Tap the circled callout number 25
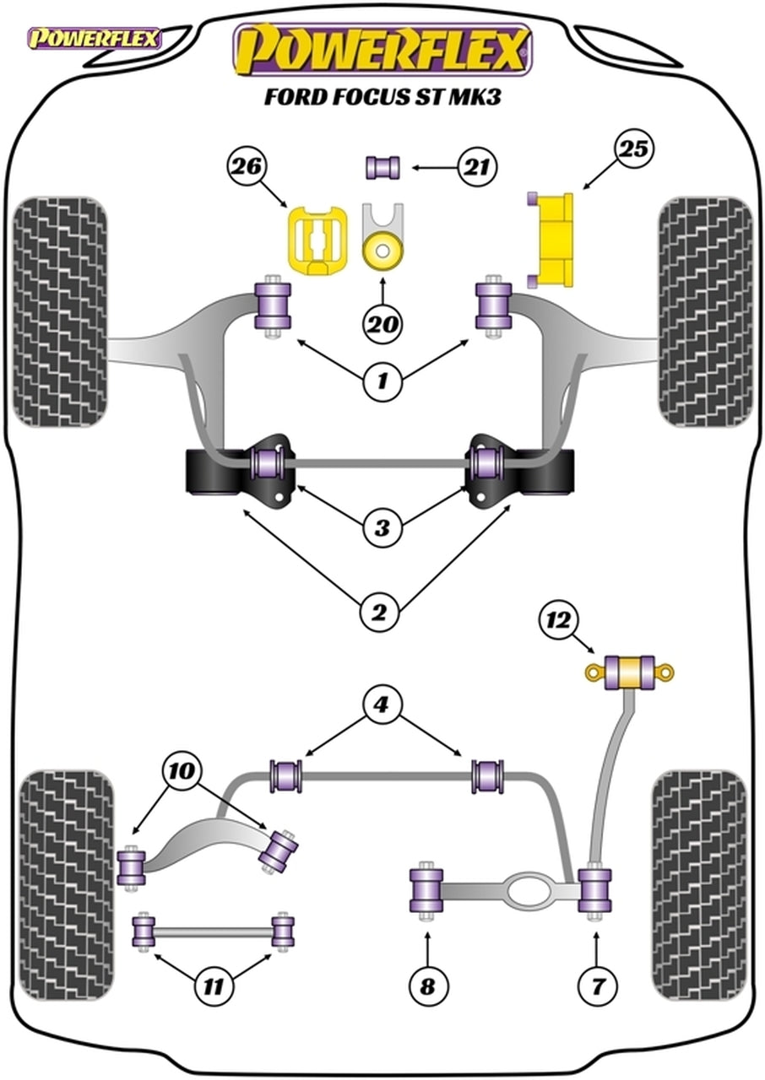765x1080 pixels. pos(634,150)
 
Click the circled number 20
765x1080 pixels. pos(382,323)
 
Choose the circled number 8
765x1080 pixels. pos(427,984)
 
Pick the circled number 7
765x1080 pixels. pos(597,984)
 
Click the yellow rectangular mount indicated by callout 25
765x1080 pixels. pos(555,239)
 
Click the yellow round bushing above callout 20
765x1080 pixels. pos(382,251)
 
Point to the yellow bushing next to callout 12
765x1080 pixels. pos(630,672)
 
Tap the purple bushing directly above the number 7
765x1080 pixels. pos(595,890)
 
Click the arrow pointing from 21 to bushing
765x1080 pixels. pos(437,168)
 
